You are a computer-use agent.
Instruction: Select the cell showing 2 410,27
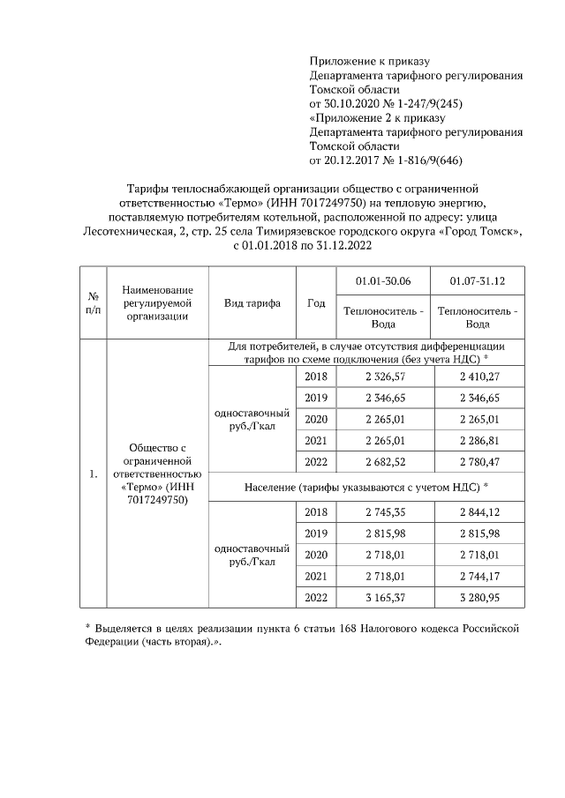[477, 377]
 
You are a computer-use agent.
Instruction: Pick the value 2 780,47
[477, 461]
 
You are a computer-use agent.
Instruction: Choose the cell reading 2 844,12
[477, 512]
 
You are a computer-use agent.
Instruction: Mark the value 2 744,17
[477, 576]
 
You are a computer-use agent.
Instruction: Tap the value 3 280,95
[477, 597]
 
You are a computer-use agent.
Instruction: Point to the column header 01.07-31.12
[477, 280]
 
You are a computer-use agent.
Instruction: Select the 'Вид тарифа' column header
[252, 302]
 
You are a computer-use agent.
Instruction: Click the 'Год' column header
[315, 302]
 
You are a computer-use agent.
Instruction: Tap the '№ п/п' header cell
[93, 302]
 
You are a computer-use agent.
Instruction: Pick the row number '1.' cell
[93, 475]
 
